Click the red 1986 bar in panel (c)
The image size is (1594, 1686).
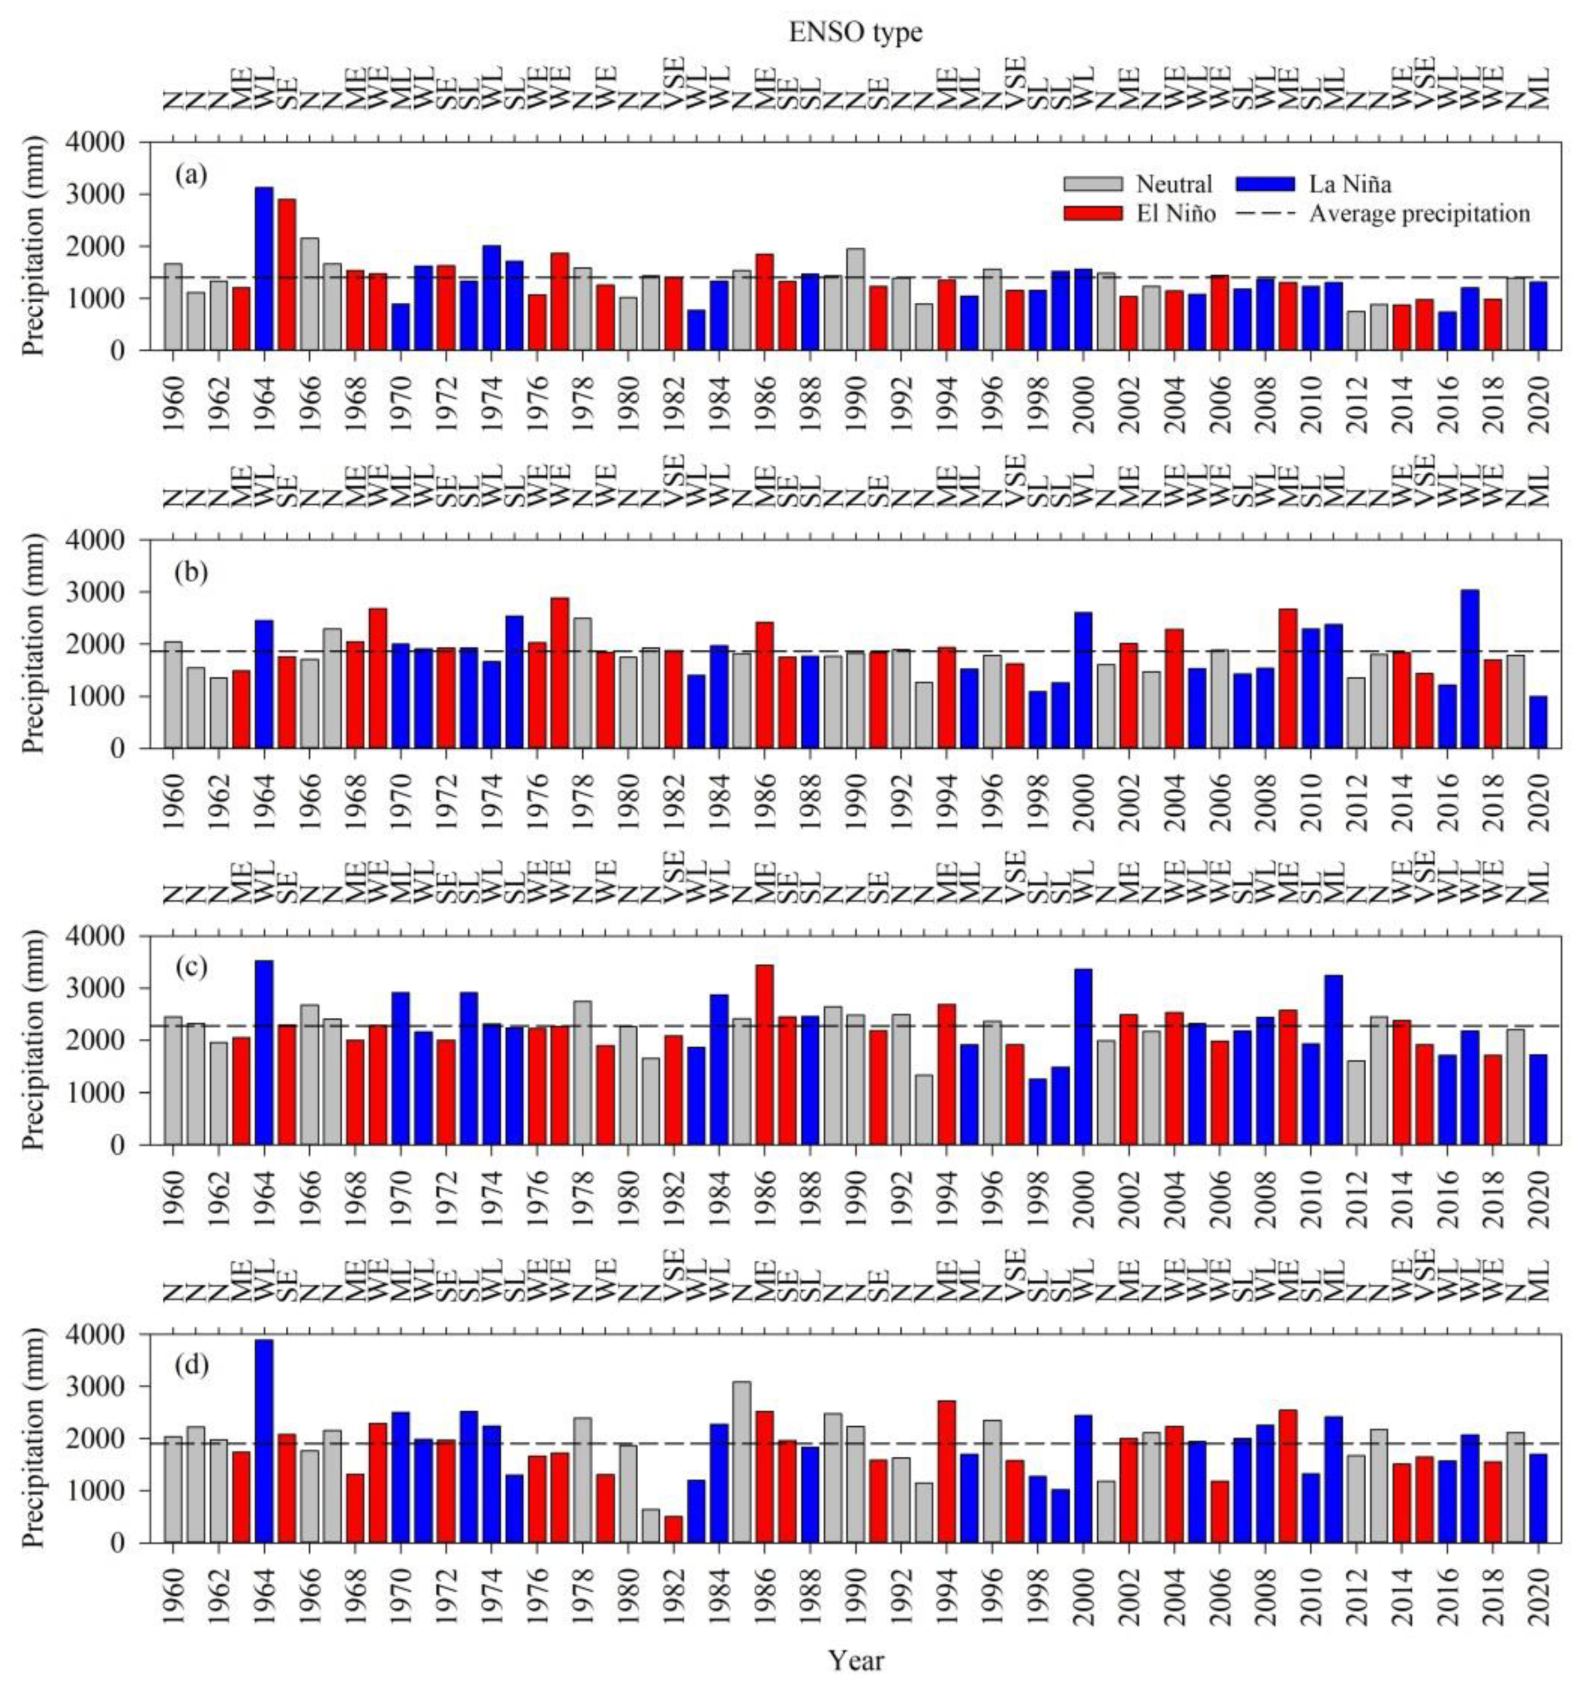pyautogui.click(x=764, y=1054)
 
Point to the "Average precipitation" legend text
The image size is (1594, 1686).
pyautogui.click(x=1419, y=214)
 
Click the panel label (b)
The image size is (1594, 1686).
pyautogui.click(x=192, y=572)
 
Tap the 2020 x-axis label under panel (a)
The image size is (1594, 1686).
pyautogui.click(x=1539, y=404)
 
